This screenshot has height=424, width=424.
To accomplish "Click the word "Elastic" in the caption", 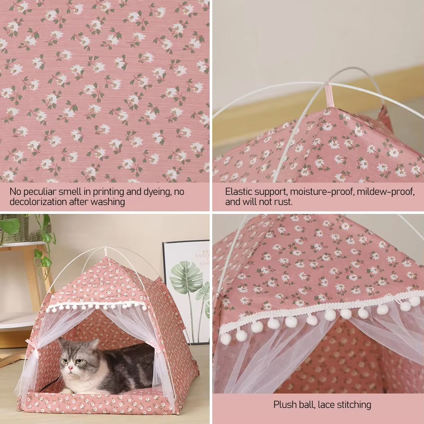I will [239, 192].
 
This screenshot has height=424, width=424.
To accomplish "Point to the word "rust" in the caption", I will [283, 202].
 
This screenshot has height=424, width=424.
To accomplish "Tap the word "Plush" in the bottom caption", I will [286, 405].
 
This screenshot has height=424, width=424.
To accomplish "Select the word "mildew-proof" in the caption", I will [385, 192].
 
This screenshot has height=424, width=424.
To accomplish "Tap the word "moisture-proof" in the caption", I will [321, 192].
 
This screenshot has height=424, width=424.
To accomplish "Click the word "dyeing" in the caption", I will [155, 192].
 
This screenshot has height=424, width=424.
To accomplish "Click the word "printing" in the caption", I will [114, 192].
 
